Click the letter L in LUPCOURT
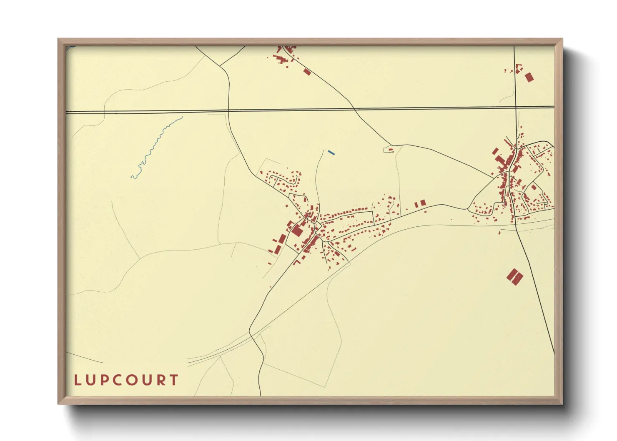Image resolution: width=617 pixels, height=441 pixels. point(77,380)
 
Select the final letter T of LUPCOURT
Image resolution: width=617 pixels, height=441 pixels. point(174,380)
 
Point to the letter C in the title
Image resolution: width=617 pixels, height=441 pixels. point(119,380)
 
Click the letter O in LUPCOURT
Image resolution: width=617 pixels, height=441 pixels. point(133,380)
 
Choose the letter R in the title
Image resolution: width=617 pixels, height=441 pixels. point(161,380)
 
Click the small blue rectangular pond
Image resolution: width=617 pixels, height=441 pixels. point(331,153)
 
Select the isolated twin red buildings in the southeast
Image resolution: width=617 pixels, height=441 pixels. point(515,276)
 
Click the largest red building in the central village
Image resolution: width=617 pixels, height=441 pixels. point(298,231)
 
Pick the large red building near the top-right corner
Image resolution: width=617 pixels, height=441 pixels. point(529,77)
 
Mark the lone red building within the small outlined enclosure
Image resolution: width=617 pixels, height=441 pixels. point(391,149)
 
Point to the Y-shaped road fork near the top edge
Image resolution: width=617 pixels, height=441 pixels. point(220,66)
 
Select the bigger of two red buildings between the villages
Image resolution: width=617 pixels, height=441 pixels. point(423,203)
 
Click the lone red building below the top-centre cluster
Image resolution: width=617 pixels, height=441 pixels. point(307,72)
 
